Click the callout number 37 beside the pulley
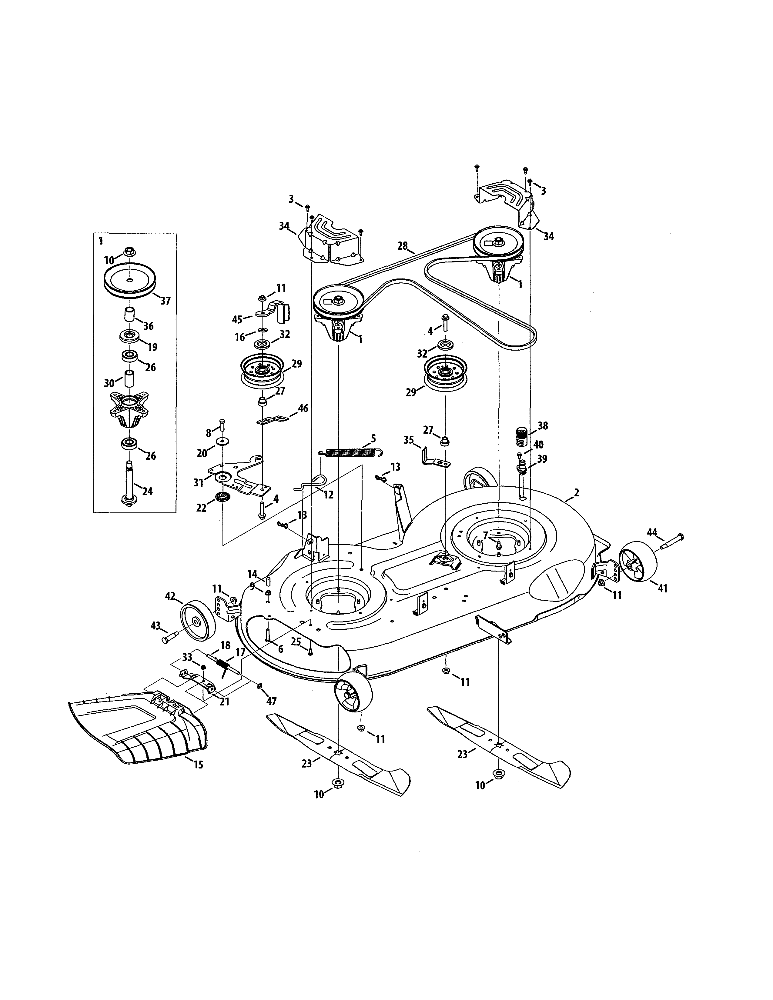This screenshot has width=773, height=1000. coord(165,301)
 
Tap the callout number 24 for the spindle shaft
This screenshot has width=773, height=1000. coord(147,491)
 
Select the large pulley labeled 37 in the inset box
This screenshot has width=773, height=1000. coord(130,280)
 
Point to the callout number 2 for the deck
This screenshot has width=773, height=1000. coord(576,493)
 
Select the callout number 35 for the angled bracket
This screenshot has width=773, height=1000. coord(409,441)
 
